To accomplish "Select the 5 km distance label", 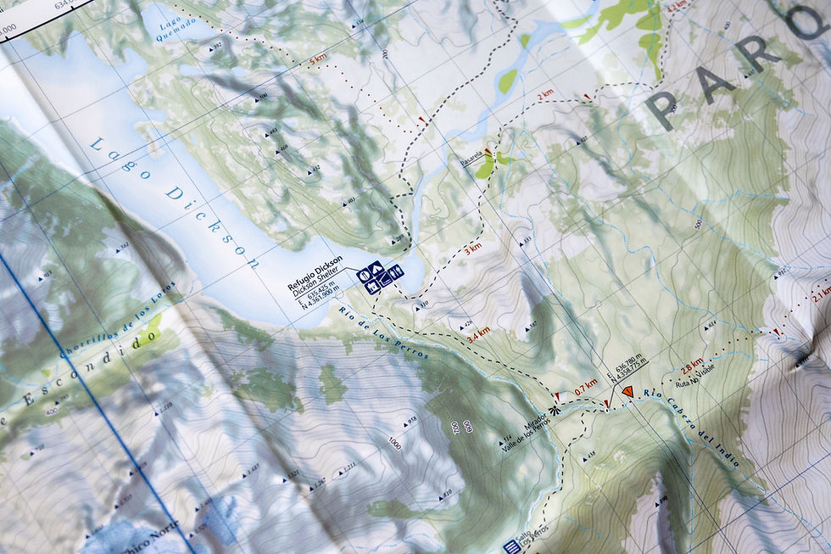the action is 318,62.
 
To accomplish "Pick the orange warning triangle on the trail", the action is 627,392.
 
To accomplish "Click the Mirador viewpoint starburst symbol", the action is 554,410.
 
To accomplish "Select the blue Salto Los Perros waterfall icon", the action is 510,546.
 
